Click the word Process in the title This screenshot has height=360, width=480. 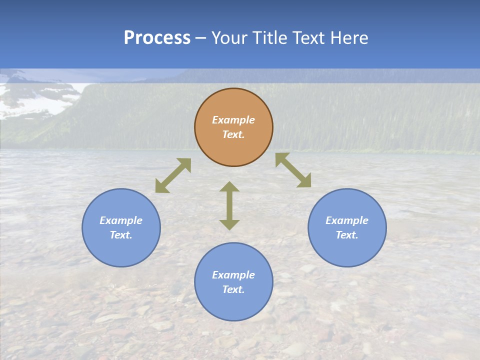[x=157, y=38]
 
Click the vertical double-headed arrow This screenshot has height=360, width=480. [x=229, y=205]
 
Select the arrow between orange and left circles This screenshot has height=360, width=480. [x=173, y=175]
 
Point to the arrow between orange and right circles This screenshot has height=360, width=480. [x=293, y=170]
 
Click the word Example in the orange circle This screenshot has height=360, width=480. [x=233, y=120]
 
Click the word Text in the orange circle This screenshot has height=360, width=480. [x=233, y=134]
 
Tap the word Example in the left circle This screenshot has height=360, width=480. [x=121, y=220]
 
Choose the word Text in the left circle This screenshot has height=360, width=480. [x=121, y=235]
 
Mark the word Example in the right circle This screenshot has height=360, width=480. [x=347, y=220]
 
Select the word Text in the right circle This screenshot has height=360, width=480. [x=347, y=235]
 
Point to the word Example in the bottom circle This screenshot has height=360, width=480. [x=233, y=275]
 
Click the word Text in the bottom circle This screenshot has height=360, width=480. [x=233, y=289]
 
